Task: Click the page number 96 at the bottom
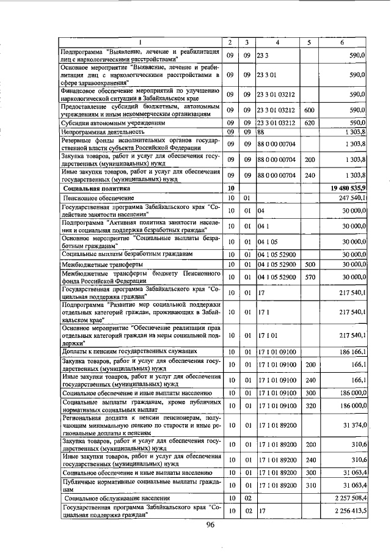(210, 525)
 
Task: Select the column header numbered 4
(277, 42)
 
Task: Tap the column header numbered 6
(342, 42)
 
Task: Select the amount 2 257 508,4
(348, 499)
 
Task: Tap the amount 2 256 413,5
(348, 510)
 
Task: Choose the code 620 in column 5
(309, 122)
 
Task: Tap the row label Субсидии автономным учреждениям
(105, 122)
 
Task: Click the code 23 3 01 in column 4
(267, 75)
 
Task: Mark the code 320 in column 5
(309, 405)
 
